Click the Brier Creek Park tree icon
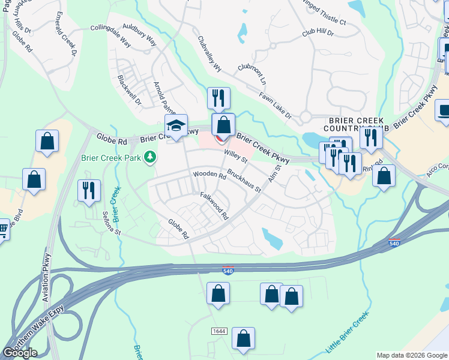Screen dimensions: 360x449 pyautogui.click(x=149, y=158)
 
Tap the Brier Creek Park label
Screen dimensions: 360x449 pyautogui.click(x=110, y=158)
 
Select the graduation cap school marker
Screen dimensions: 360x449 pyautogui.click(x=176, y=126)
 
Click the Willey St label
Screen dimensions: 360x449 pyautogui.click(x=236, y=157)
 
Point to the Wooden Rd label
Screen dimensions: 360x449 pyautogui.click(x=209, y=176)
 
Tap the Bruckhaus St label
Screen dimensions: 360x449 pyautogui.click(x=244, y=184)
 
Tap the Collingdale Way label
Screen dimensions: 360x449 pyautogui.click(x=110, y=36)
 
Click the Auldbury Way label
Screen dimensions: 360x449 pyautogui.click(x=139, y=35)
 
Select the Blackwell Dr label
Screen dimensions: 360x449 pyautogui.click(x=129, y=90)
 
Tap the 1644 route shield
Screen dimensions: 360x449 pyautogui.click(x=220, y=331)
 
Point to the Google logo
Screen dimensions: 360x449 pyautogui.click(x=20, y=353)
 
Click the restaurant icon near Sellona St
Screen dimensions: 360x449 pyautogui.click(x=89, y=190)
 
